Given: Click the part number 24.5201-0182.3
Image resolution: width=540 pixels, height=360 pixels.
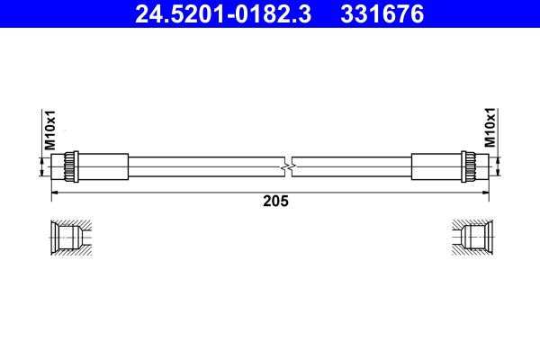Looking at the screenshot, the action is tap(223, 14).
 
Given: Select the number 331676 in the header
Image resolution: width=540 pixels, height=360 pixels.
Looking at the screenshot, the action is tap(382, 14).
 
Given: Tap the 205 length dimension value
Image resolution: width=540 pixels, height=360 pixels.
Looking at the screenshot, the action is tap(275, 201).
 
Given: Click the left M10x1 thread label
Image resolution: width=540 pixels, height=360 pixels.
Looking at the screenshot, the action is tap(50, 130).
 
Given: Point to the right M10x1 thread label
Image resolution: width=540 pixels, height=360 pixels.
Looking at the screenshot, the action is tap(490, 128).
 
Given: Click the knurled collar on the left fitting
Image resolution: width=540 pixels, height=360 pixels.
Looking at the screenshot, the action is tap(71, 166).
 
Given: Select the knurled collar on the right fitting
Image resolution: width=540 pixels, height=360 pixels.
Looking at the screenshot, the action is tap(469, 166).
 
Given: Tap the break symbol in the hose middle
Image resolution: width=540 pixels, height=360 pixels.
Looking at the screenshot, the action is tap(288, 166).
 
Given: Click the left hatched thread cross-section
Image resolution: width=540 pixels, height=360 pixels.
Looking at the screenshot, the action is tap(71, 238).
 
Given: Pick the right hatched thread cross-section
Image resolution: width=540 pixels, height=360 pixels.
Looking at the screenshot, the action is tap(472, 238).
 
